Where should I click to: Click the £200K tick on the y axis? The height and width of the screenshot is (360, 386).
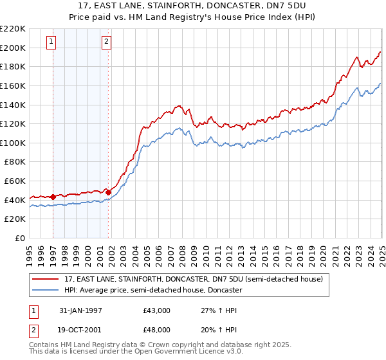pyautogui.click(x=14, y=48)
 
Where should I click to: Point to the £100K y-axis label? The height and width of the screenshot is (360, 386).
pyautogui.click(x=14, y=143)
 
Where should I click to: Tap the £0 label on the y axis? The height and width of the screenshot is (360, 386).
pyautogui.click(x=21, y=238)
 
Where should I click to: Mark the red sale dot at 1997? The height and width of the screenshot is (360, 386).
pyautogui.click(x=53, y=197)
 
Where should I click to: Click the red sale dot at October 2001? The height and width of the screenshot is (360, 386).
pyautogui.click(x=109, y=192)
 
